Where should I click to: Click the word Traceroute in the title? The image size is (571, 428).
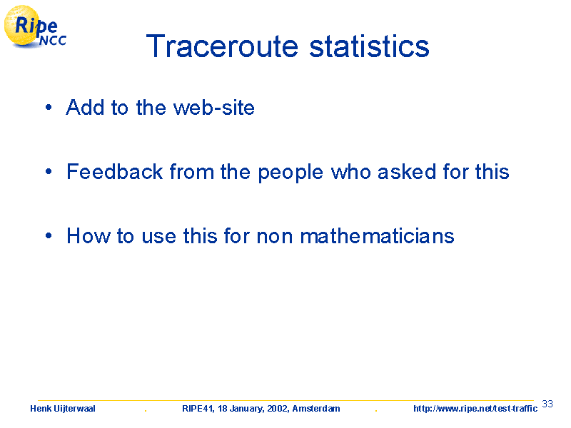[222, 46]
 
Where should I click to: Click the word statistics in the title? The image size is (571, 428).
[369, 46]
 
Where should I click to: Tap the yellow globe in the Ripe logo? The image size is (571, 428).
[22, 26]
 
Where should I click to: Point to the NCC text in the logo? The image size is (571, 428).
[53, 41]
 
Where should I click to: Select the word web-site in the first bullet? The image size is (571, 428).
[213, 108]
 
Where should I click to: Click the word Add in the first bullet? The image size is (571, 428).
[85, 108]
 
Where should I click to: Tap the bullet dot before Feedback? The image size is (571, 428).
[49, 171]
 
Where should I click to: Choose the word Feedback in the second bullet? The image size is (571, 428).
[115, 171]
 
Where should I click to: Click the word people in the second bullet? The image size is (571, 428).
[290, 173]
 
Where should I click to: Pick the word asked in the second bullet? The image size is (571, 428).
[407, 171]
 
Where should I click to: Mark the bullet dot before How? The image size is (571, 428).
[49, 235]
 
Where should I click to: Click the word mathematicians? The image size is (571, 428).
[378, 236]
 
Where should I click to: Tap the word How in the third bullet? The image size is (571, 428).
[88, 236]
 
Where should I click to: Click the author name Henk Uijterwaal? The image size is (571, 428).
[63, 409]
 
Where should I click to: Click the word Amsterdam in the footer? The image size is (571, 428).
[316, 409]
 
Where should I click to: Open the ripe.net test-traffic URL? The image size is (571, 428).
[475, 409]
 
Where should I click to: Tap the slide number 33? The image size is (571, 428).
[547, 404]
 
